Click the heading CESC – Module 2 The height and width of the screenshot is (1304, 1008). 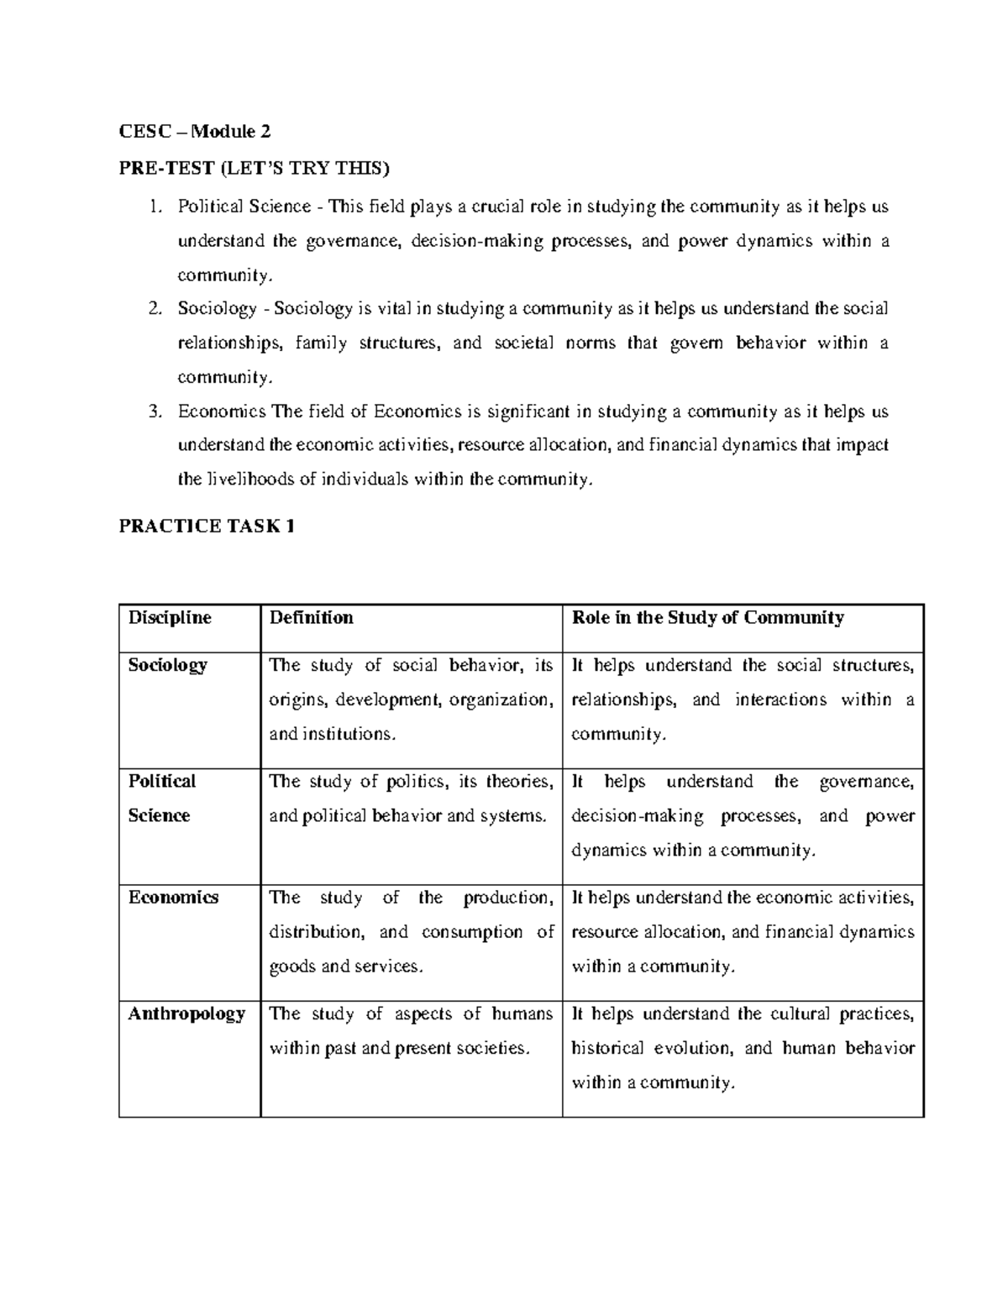tap(195, 131)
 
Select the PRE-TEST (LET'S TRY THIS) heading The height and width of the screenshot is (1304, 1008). tap(255, 170)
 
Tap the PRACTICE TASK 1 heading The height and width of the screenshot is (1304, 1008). tap(207, 526)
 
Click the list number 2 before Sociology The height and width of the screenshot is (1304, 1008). tap(154, 309)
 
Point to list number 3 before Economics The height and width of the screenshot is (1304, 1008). tap(154, 411)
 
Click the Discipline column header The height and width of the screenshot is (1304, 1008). tap(170, 618)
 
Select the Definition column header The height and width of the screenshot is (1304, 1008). tap(311, 618)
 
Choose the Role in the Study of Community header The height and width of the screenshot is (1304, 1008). tap(707, 618)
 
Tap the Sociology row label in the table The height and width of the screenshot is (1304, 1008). tap(167, 665)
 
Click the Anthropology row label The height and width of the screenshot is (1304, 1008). tap(186, 1013)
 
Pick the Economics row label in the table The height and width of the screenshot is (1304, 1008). tap(173, 898)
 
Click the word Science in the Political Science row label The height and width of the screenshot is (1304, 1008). tap(159, 815)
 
